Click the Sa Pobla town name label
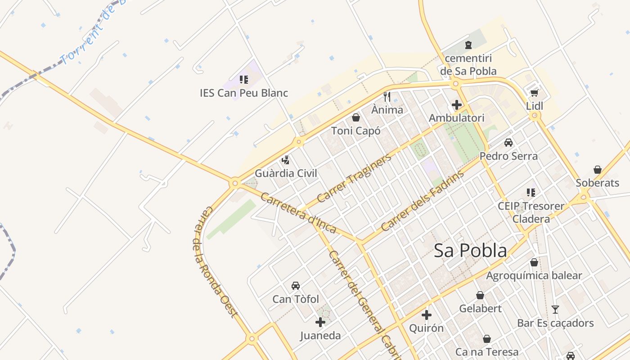coord(470,251)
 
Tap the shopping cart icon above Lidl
coord(534,93)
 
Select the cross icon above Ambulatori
coord(457,105)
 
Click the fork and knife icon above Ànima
coord(387,96)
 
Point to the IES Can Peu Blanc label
coord(244,93)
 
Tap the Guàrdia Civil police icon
coord(285,160)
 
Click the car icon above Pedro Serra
coord(508,143)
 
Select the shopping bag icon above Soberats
coord(598,170)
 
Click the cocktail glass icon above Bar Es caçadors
coord(555,310)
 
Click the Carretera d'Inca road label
coord(298,213)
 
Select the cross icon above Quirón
coord(427,315)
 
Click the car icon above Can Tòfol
coord(296,286)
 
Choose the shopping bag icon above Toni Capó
coord(356,118)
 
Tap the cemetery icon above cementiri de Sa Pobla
coord(468,45)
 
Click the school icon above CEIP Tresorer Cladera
coord(531,193)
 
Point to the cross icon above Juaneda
coord(320,322)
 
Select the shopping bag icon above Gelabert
coord(480,295)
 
